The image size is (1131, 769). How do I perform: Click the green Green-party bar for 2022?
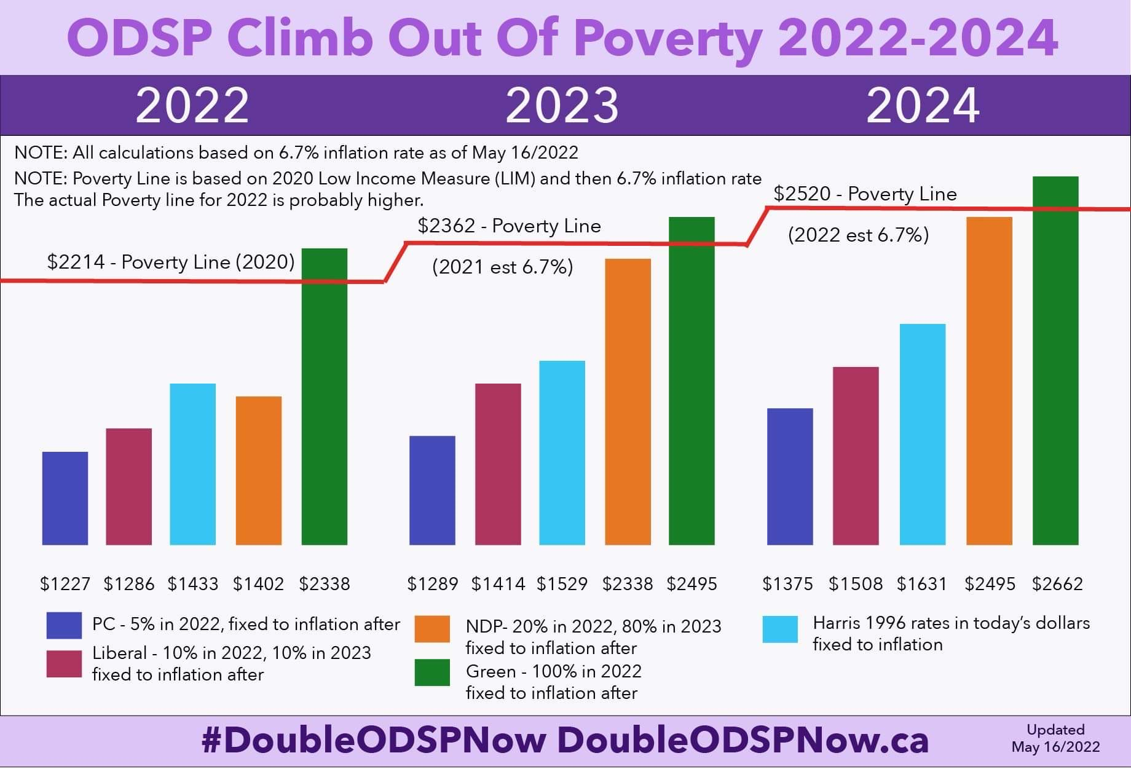point(325,396)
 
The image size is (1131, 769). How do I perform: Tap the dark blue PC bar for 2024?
point(790,476)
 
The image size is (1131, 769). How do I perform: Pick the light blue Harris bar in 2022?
point(193,464)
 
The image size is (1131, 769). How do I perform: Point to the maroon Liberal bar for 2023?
point(498,464)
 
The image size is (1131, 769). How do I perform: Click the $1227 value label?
point(65,583)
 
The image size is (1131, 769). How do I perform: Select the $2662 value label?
point(1057,583)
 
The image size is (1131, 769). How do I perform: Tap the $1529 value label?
point(562,583)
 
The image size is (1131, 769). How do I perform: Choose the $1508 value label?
point(855,583)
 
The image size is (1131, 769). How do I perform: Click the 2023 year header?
point(562,106)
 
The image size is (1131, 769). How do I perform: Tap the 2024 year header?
point(923,106)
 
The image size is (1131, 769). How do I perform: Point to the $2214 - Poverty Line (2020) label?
point(171,262)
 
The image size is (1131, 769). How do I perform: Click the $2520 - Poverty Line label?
point(865,194)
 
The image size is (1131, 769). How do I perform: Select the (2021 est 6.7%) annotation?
point(502,267)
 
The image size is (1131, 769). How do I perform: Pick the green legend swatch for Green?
point(432,672)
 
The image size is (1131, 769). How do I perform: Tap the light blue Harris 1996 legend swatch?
point(780,629)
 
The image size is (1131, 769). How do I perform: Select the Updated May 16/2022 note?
point(1055,738)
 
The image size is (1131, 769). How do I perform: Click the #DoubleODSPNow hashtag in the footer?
point(373,740)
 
